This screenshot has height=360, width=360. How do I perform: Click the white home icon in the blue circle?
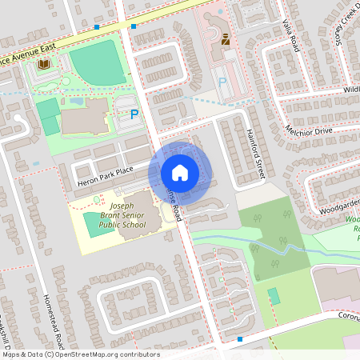pos(179,173)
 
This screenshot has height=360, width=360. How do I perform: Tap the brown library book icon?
pos(44,64)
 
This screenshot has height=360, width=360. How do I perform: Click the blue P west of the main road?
pos(134,115)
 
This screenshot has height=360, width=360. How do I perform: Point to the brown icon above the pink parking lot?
pos(225,37)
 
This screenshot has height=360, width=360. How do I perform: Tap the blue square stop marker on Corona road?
pos(240,338)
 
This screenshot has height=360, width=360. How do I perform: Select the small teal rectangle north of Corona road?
pos(274,296)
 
